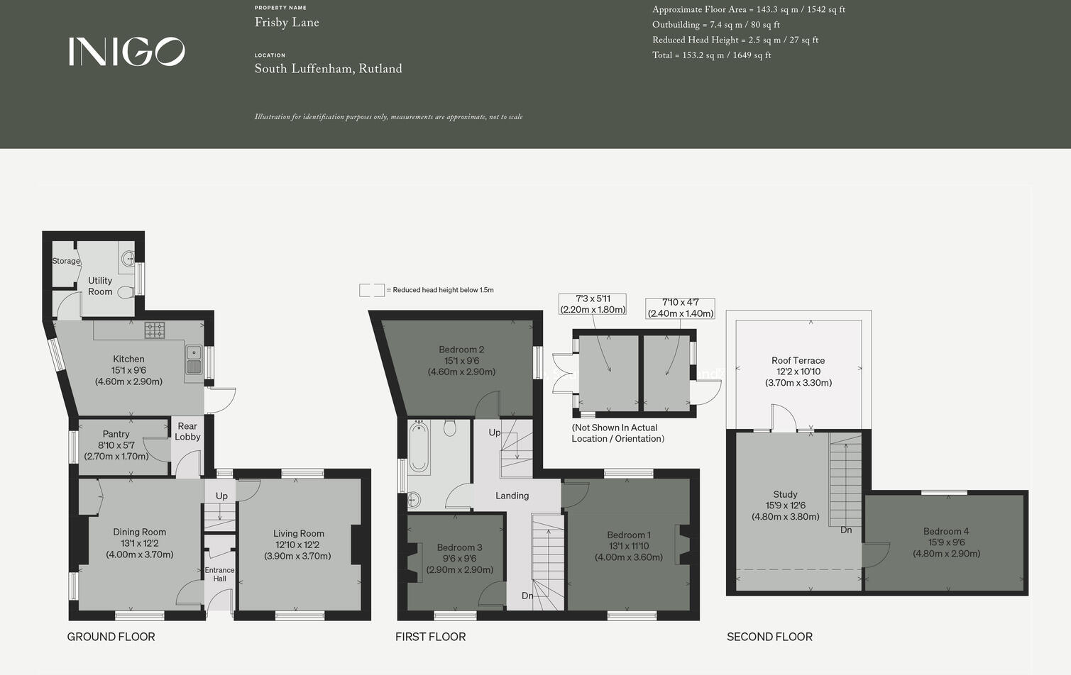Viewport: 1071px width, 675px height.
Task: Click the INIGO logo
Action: tap(126, 52)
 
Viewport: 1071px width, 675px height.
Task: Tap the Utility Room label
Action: tap(100, 286)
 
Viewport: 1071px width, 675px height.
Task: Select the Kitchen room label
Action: tap(128, 359)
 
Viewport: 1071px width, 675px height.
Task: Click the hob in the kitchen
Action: tap(155, 330)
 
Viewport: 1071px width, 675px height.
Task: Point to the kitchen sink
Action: tap(194, 359)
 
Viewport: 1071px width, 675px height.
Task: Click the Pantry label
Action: tap(116, 434)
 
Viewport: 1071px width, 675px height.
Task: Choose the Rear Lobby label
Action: tap(187, 431)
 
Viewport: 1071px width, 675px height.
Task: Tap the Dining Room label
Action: tap(140, 532)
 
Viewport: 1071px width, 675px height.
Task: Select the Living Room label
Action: tap(298, 533)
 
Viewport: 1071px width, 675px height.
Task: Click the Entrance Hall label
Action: tap(219, 574)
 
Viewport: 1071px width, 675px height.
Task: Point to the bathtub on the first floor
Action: tap(419, 447)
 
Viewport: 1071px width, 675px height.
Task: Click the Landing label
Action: tap(512, 496)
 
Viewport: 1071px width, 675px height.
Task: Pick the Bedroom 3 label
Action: tap(459, 547)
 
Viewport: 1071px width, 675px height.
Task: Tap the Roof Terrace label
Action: tap(798, 360)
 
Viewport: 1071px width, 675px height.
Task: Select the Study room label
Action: tap(785, 494)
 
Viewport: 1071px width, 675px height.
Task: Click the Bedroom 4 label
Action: tap(946, 531)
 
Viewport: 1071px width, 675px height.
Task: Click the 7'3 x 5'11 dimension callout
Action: tap(593, 304)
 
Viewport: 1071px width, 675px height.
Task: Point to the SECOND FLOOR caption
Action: tap(769, 637)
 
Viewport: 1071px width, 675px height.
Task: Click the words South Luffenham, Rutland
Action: tap(328, 69)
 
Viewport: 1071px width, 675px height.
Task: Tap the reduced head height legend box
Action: tap(372, 290)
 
